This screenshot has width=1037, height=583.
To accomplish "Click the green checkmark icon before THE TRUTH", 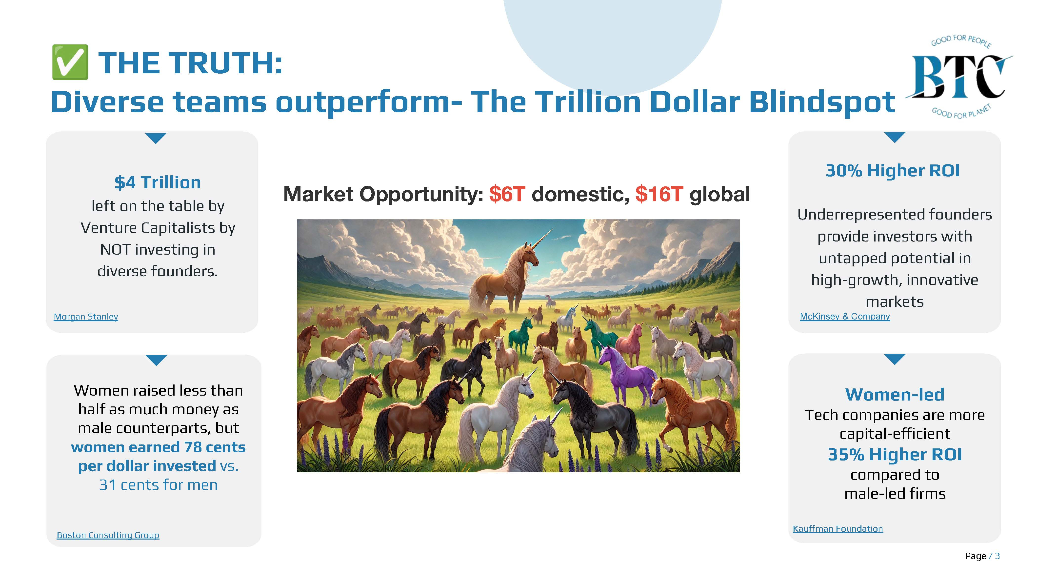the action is [70, 62].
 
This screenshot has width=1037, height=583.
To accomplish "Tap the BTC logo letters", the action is [958, 77].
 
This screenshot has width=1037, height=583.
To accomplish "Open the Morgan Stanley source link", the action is [86, 317].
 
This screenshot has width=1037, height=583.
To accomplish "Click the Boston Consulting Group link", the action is [108, 535].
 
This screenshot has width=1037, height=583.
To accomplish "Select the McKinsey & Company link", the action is [845, 317].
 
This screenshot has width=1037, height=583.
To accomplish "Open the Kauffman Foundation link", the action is [838, 529].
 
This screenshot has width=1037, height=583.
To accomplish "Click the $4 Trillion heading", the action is [158, 182].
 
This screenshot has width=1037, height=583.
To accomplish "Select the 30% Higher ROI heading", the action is [893, 171].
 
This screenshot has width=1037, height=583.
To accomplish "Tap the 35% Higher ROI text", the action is [895, 455].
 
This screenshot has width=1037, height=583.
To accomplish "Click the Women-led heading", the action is [895, 395].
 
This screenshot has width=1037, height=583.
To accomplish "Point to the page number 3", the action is [997, 556].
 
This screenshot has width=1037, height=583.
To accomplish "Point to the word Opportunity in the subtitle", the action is [421, 195].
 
